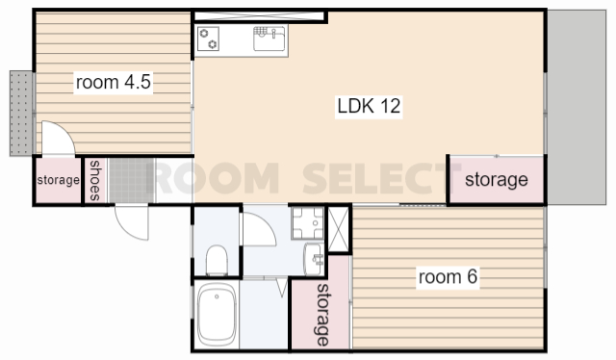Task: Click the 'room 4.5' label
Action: click(x=114, y=82)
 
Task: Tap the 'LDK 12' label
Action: click(x=369, y=106)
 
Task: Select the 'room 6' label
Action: click(x=448, y=276)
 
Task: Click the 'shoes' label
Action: click(x=95, y=180)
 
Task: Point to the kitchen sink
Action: click(x=269, y=39)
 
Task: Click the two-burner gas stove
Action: click(x=208, y=39)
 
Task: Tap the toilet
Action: click(x=217, y=260)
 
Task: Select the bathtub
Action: click(x=217, y=315)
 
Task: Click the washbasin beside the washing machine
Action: click(x=315, y=259)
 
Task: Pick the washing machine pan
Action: click(x=308, y=223)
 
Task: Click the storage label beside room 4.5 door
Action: click(x=58, y=180)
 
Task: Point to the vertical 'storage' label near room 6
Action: click(x=323, y=315)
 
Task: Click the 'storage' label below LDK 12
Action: click(x=497, y=180)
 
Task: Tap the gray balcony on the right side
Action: click(x=577, y=107)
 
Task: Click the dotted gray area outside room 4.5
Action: click(x=21, y=114)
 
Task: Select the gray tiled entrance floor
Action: click(x=131, y=180)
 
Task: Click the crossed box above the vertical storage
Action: click(x=338, y=229)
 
